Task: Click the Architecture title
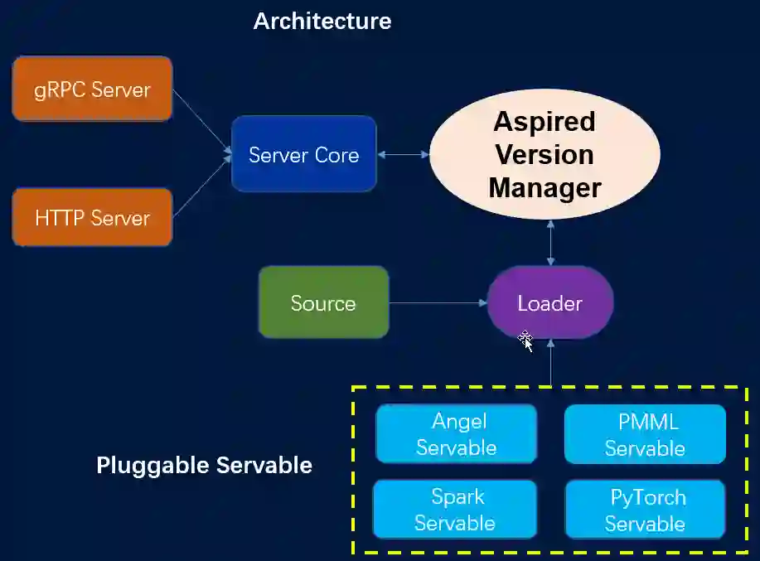(x=322, y=21)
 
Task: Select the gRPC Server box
(x=92, y=89)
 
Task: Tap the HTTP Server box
(x=92, y=217)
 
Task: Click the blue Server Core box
(x=303, y=154)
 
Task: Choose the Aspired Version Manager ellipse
(x=545, y=154)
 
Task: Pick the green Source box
(x=323, y=302)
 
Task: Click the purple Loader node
(x=549, y=302)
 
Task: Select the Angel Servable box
(x=456, y=434)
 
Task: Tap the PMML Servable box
(x=645, y=434)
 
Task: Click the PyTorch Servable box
(x=645, y=509)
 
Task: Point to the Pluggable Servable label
(x=204, y=465)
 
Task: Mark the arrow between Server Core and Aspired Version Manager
(x=403, y=154)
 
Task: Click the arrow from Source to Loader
(x=438, y=303)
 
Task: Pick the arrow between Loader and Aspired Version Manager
(x=550, y=243)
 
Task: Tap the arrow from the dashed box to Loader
(x=550, y=362)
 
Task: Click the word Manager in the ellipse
(x=545, y=188)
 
